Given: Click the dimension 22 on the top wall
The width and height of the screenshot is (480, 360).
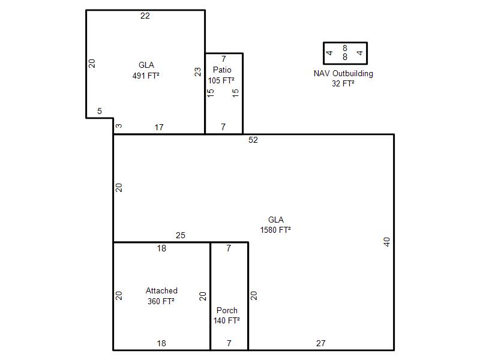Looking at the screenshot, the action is (x=145, y=16).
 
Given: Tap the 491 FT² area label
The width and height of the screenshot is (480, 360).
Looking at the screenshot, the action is (x=146, y=76).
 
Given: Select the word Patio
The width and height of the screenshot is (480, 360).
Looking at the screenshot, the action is (x=222, y=70).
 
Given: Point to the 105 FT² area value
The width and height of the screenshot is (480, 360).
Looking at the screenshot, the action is (x=221, y=80).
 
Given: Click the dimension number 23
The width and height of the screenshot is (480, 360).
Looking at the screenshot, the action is (x=198, y=71).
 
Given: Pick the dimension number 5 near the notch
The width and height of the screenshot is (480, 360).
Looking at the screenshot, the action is (x=100, y=111).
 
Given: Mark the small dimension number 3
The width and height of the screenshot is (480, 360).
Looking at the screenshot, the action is (x=119, y=125).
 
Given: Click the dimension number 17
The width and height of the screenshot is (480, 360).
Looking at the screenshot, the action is (x=159, y=127).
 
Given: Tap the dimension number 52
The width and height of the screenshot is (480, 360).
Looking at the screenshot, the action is (x=253, y=140).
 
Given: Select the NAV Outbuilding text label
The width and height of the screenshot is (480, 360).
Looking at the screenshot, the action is (x=343, y=73).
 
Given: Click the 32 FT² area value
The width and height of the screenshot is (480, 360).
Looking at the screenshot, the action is (x=343, y=83).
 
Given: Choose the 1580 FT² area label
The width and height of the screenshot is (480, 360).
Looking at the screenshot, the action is (x=275, y=230).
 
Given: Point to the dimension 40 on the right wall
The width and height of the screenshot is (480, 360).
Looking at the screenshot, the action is (x=386, y=242).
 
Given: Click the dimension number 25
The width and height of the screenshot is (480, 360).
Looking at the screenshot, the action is (x=181, y=235).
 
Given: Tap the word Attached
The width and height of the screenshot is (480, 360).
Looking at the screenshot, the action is (x=161, y=290).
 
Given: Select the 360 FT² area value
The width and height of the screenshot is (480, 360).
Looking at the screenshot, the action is (x=161, y=301).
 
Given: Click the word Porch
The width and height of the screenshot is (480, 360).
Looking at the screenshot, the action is (x=227, y=310).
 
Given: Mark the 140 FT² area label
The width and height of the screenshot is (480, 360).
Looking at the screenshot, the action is (x=226, y=320).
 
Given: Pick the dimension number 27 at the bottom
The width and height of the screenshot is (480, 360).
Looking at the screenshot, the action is (x=320, y=343).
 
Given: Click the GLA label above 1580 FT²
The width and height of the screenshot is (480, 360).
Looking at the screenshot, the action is (x=275, y=220).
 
